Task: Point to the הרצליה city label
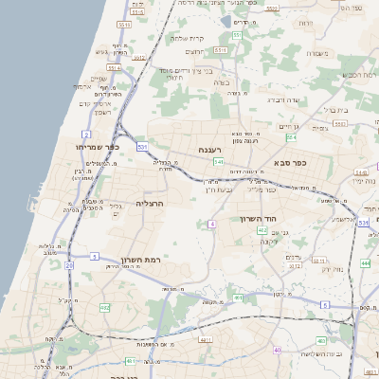[151, 203]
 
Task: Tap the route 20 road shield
[68, 265]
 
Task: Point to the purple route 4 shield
[212, 224]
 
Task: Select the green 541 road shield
[218, 162]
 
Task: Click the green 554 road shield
[291, 137]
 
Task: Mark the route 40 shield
[278, 350]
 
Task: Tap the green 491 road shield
[239, 298]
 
